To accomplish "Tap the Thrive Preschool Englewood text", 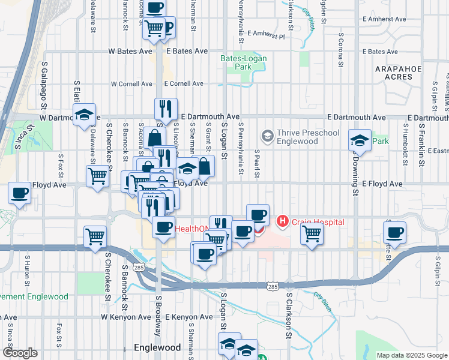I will pyautogui.click(x=308, y=137).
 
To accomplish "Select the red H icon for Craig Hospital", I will pyautogui.click(x=282, y=222).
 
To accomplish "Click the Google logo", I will pyautogui.click(x=20, y=353).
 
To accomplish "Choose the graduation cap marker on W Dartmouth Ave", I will pyautogui.click(x=85, y=115).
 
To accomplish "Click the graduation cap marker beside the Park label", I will pyautogui.click(x=360, y=142).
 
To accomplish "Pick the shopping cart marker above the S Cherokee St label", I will pyautogui.click(x=95, y=236).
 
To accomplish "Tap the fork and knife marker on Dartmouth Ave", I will pyautogui.click(x=166, y=108).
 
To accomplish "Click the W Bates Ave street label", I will pyautogui.click(x=130, y=52).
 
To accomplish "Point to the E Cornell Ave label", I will pyautogui.click(x=183, y=84).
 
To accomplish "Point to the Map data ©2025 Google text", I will pyautogui.click(x=411, y=355).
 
